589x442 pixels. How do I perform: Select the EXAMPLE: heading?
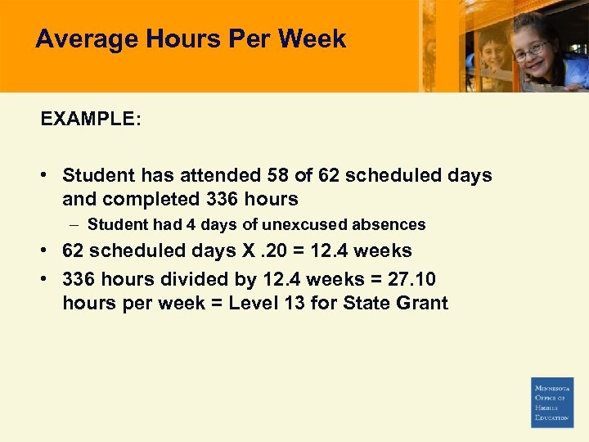click(x=91, y=119)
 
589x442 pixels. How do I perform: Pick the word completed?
click(x=154, y=199)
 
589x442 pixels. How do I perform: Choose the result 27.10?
click(x=411, y=279)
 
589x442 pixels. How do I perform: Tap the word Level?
click(x=254, y=304)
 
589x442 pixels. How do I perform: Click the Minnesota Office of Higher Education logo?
click(x=552, y=402)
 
